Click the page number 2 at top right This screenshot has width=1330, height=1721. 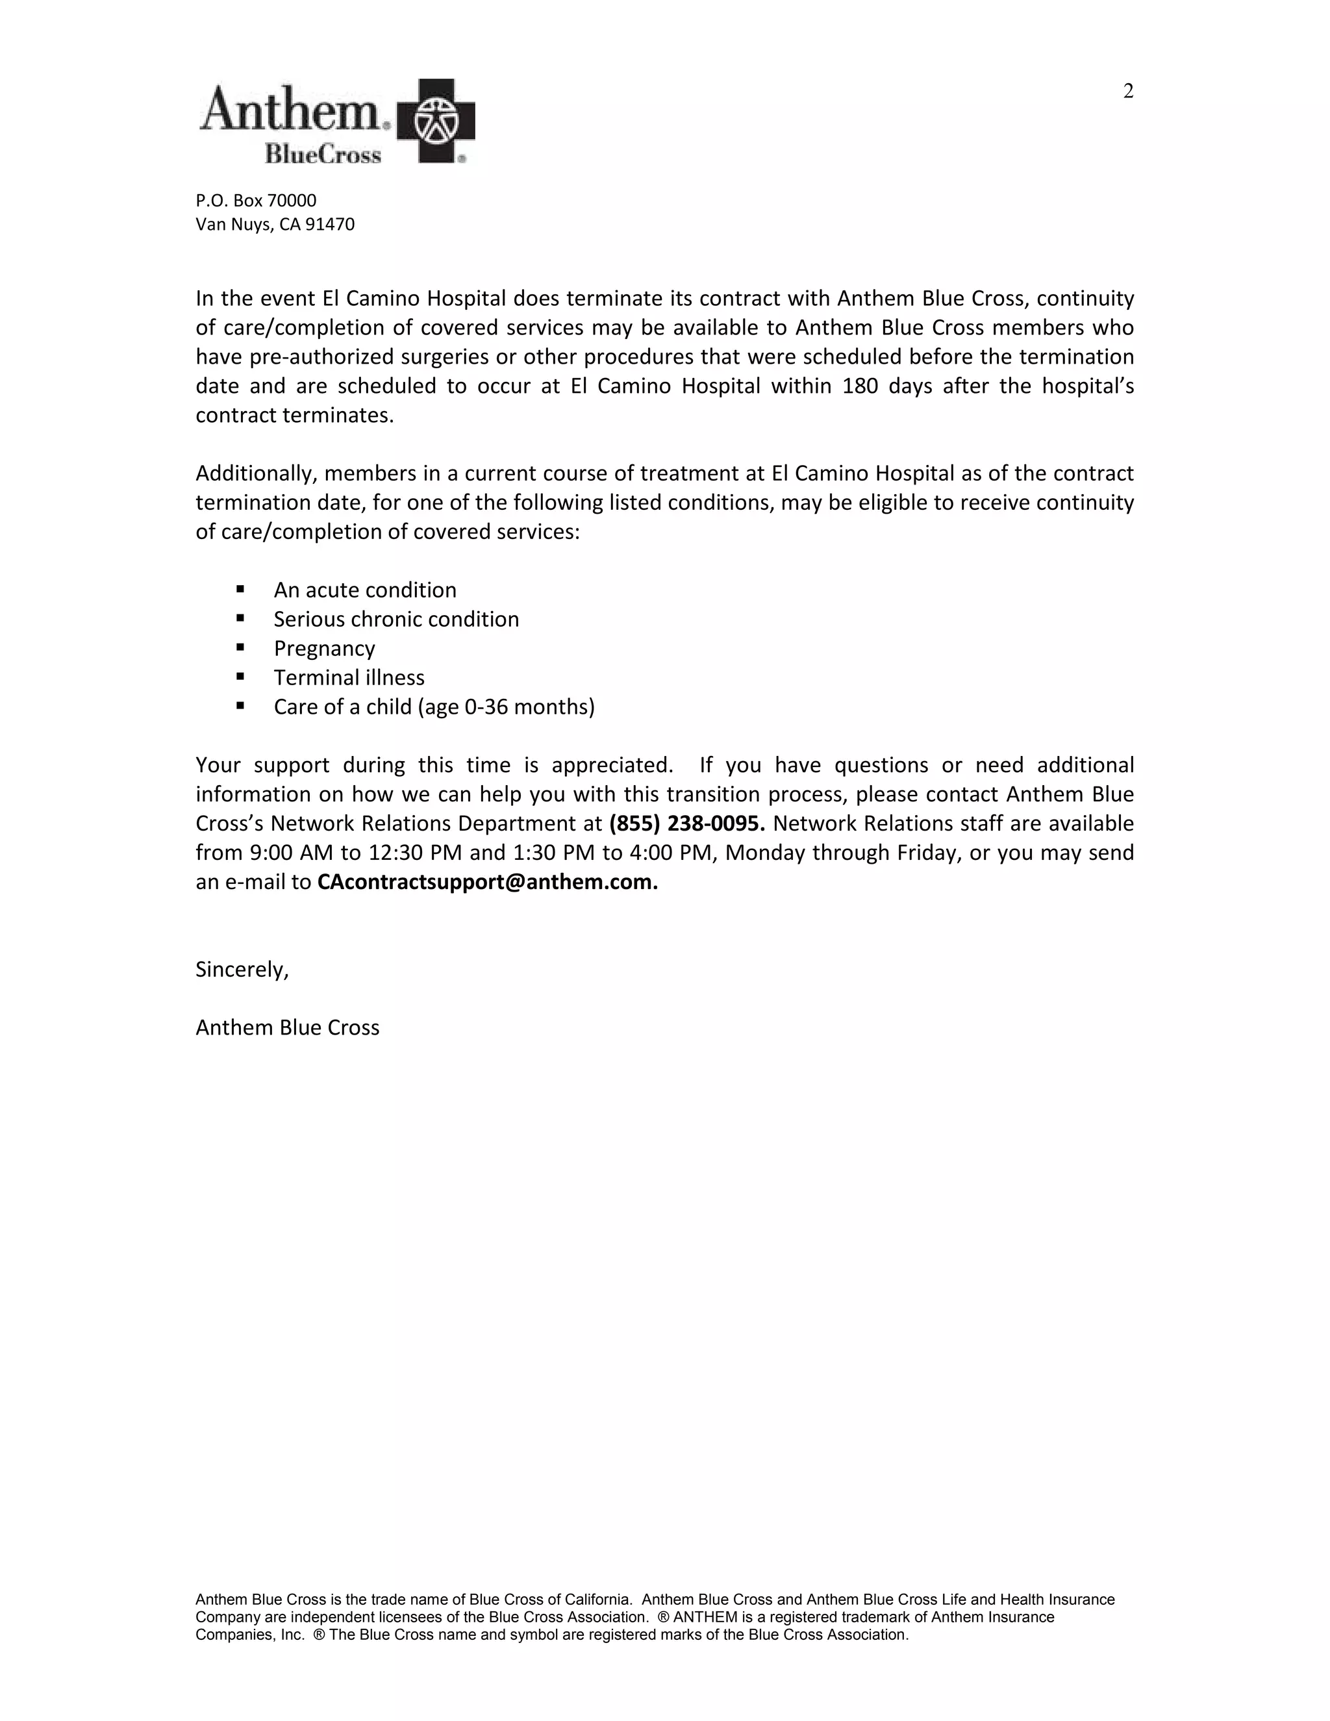tap(1127, 92)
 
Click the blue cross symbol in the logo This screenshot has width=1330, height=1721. tap(435, 121)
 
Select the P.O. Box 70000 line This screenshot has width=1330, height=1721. tap(256, 201)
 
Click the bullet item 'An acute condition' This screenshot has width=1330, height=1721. tap(365, 590)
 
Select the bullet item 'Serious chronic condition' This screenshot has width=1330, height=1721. tap(396, 620)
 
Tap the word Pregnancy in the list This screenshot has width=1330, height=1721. tap(324, 649)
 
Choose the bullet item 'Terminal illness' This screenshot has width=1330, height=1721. tap(349, 677)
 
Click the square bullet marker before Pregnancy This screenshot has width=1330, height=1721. tap(240, 647)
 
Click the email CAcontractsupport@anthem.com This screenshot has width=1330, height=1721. tap(487, 882)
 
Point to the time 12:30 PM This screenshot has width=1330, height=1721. tap(414, 853)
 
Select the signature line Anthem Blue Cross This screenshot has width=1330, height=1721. tap(288, 1027)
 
